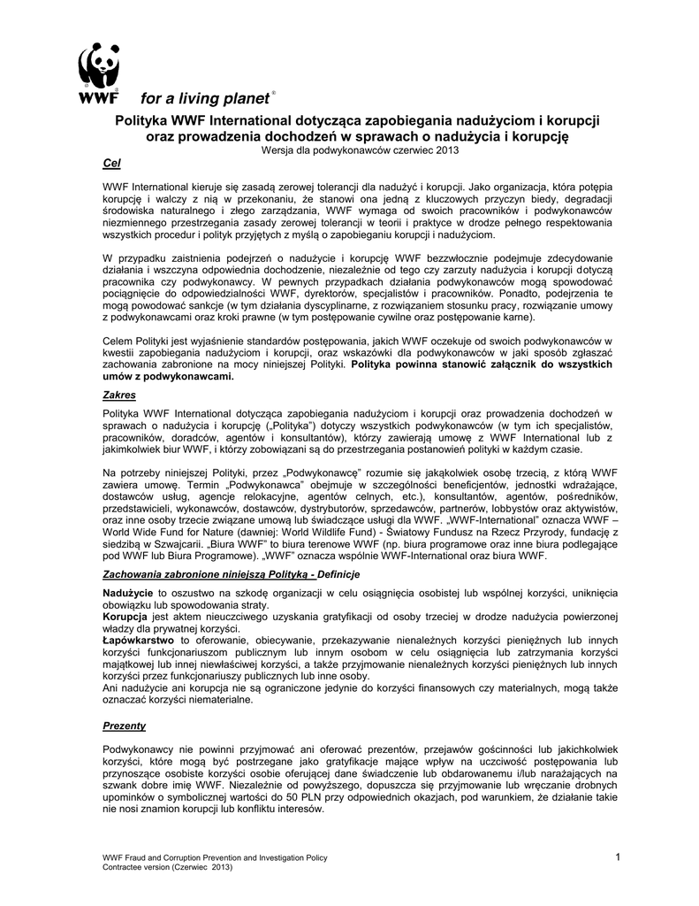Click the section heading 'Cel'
pyautogui.click(x=111, y=165)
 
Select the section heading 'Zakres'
pyautogui.click(x=119, y=395)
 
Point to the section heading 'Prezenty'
pyautogui.click(x=125, y=725)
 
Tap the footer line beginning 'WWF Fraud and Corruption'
pyautogui.click(x=216, y=857)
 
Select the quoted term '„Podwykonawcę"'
pyautogui.click(x=323, y=472)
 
